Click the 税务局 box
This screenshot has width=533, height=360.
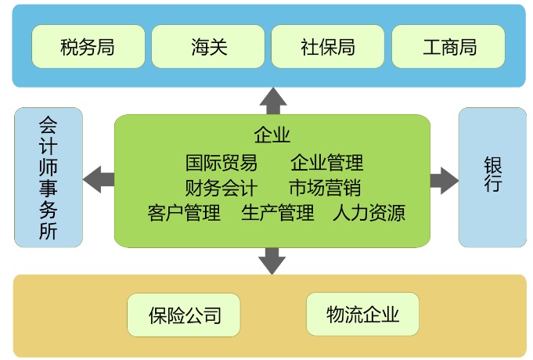88,47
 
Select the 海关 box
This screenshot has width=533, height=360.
208,47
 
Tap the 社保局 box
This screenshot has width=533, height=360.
328,47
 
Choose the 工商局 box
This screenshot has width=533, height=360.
448,47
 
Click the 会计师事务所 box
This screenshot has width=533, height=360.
49,178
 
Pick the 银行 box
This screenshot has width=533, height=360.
492,178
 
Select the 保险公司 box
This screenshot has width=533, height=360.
184,315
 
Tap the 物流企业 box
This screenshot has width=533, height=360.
362,315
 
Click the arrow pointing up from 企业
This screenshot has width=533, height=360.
273,100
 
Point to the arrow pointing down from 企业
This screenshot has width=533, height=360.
272,260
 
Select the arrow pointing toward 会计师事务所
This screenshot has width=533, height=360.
99,178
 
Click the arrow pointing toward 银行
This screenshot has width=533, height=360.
444,178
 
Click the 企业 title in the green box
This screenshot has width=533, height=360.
272,135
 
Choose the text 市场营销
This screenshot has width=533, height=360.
324,188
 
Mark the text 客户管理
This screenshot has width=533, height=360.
184,213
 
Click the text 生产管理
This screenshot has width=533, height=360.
277,213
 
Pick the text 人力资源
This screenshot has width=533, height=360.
369,213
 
